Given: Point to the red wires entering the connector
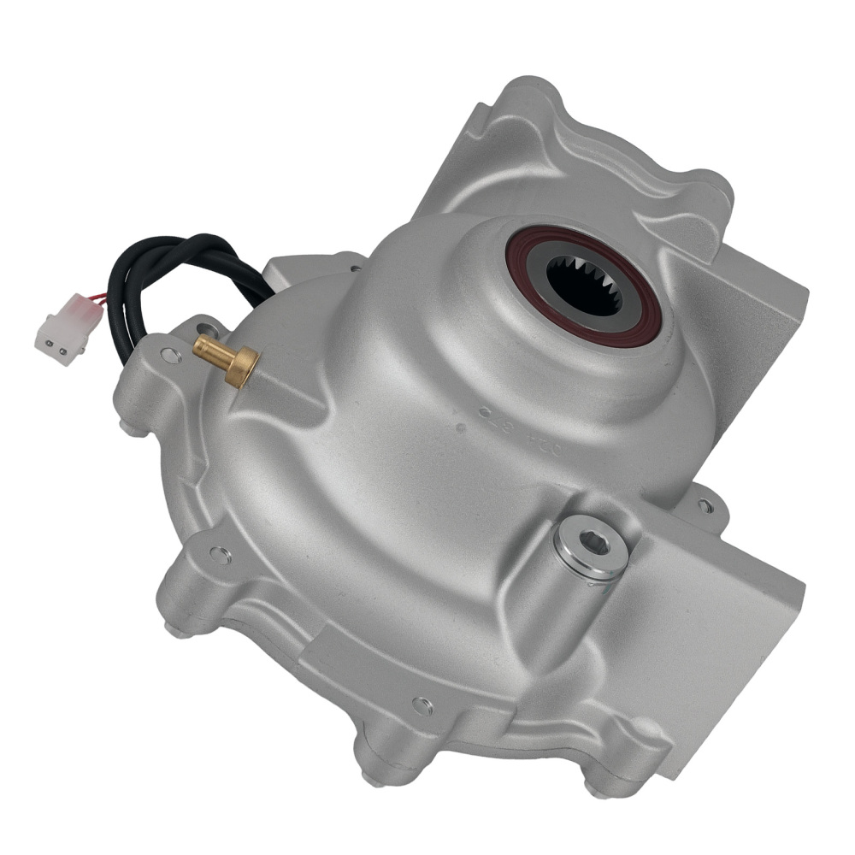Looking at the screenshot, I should [96, 299].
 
